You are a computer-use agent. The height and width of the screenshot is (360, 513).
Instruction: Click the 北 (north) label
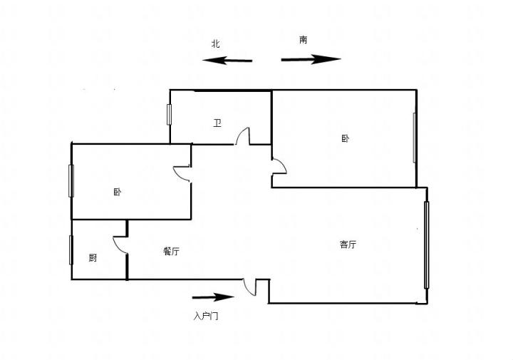coord(216,43)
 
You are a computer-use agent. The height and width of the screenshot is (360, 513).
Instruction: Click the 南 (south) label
coord(304,40)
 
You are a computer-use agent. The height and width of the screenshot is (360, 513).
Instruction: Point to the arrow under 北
coord(227,60)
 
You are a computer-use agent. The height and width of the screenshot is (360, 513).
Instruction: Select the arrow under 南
coord(311,59)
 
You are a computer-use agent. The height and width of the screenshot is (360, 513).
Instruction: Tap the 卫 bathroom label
coord(217,123)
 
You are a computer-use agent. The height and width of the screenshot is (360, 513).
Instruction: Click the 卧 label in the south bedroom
coord(345,138)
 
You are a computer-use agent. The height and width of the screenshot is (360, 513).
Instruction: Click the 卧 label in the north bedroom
coord(118,192)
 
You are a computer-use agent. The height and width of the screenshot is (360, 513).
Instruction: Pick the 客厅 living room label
coord(348,244)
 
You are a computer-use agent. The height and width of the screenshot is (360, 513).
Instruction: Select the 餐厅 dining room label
coord(171,252)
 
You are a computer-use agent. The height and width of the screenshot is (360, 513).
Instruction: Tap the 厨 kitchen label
coord(93,258)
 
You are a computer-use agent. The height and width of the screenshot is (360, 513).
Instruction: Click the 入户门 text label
coord(206,316)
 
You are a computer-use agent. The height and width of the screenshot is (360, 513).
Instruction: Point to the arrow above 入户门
coord(213,297)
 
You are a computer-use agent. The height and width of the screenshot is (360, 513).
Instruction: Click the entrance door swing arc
coord(249,287)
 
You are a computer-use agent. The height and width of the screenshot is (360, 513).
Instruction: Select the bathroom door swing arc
coord(243,136)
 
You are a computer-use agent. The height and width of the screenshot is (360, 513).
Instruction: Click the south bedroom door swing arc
coord(279,167)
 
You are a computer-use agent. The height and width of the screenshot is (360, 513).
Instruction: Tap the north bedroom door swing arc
coord(181,174)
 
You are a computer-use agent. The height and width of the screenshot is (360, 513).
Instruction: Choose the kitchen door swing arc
coord(120,245)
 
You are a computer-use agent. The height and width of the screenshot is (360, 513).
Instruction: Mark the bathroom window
coord(169,115)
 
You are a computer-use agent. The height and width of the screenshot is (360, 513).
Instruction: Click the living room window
coord(426,245)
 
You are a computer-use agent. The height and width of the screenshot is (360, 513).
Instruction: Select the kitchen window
coord(71,250)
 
